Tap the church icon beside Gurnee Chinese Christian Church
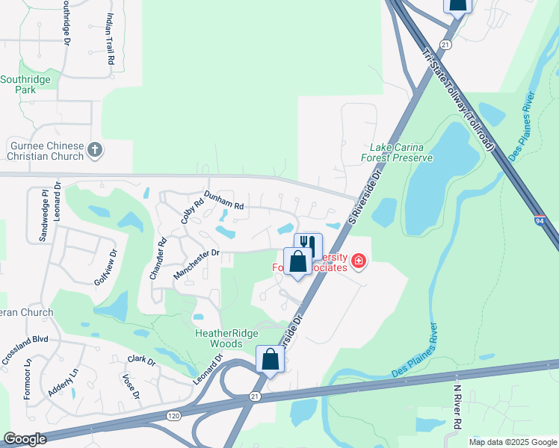pos(94,150)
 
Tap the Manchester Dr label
pos(196,264)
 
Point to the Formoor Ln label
pos(27,380)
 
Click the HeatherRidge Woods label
pos(219,338)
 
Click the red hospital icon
pos(359,261)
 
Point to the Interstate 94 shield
pos(539,221)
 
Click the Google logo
pos(25,439)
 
